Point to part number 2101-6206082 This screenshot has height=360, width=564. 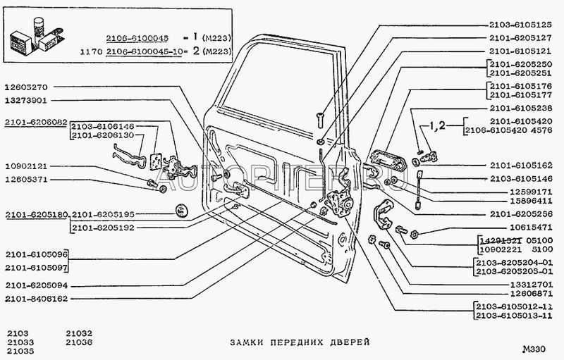tap(35, 122)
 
